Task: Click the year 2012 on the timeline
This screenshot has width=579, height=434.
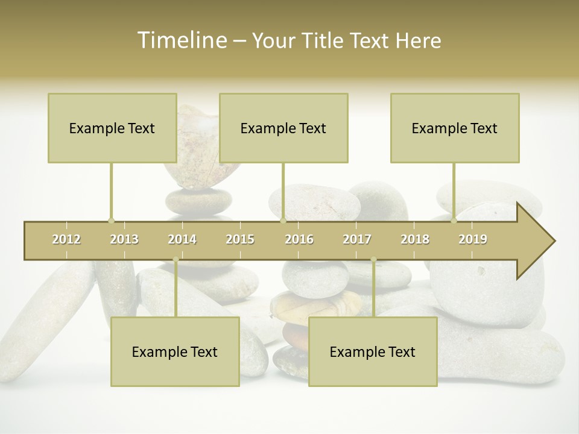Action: pyautogui.click(x=66, y=239)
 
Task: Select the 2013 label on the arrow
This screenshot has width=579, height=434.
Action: pyautogui.click(x=124, y=239)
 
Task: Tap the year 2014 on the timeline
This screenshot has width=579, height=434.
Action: pyautogui.click(x=182, y=239)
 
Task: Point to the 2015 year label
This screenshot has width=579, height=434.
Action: pyautogui.click(x=240, y=239)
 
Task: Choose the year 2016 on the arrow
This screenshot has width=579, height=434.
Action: pyautogui.click(x=299, y=239)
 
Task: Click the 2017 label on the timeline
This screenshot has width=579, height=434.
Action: pyautogui.click(x=357, y=239)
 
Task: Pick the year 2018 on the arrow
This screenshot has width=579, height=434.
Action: pyautogui.click(x=415, y=239)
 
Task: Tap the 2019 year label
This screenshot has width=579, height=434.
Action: pyautogui.click(x=473, y=239)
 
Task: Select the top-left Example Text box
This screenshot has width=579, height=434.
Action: pyautogui.click(x=112, y=128)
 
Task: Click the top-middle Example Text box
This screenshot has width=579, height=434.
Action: pyautogui.click(x=283, y=128)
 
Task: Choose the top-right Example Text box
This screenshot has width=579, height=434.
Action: pyautogui.click(x=455, y=128)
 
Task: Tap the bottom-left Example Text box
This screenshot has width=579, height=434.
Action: pyautogui.click(x=175, y=351)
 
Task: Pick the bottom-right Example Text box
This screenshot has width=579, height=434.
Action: pyautogui.click(x=373, y=351)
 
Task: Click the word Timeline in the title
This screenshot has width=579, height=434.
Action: pyautogui.click(x=182, y=40)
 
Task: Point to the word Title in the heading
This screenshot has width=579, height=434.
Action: pyautogui.click(x=326, y=40)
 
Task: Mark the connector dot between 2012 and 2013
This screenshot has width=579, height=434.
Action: pyautogui.click(x=111, y=221)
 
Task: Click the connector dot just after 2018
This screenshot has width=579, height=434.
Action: pyautogui.click(x=454, y=221)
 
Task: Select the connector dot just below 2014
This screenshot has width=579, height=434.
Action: pyautogui.click(x=176, y=259)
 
